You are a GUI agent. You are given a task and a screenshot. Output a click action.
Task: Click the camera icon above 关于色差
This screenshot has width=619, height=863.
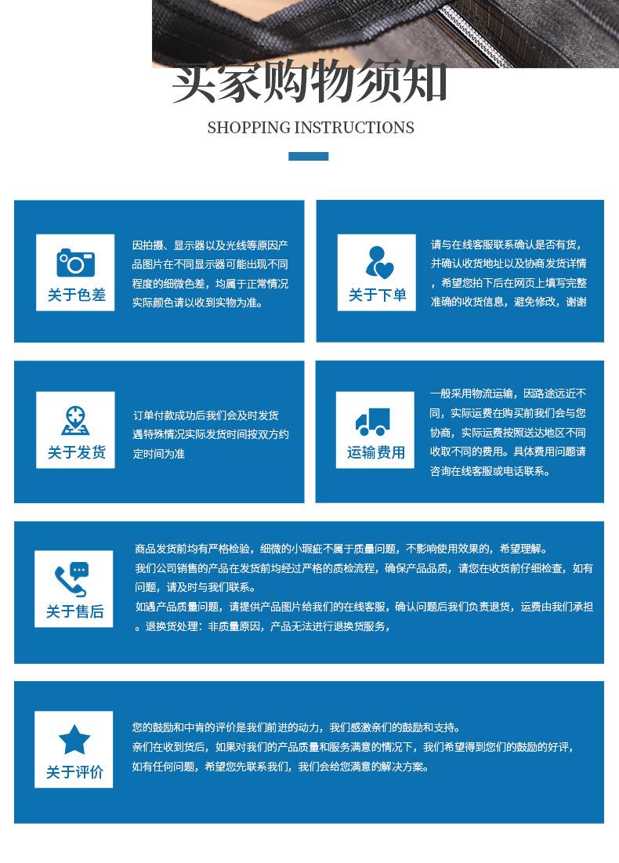click(75, 262)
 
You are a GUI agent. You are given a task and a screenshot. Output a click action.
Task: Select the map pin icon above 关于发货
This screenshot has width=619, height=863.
click(75, 421)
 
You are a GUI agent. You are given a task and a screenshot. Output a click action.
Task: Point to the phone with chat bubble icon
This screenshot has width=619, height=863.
click(72, 579)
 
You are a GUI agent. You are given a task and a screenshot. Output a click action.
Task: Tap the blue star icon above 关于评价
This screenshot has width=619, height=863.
click(74, 740)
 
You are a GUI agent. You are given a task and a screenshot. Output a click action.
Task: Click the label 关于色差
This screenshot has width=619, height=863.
click(76, 296)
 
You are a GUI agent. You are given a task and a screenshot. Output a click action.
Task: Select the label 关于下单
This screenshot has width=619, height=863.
click(378, 296)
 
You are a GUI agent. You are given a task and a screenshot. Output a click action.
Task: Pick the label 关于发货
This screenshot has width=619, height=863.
click(76, 453)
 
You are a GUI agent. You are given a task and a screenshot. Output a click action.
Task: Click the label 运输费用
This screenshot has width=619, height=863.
click(376, 453)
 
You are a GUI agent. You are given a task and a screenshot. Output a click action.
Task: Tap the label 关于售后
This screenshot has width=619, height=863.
click(74, 611)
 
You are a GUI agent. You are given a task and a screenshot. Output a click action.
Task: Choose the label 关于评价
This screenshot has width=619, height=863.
click(74, 772)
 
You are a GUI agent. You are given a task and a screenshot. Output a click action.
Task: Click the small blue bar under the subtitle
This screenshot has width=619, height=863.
click(309, 156)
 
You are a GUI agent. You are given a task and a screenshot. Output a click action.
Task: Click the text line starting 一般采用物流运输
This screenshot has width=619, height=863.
click(508, 393)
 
